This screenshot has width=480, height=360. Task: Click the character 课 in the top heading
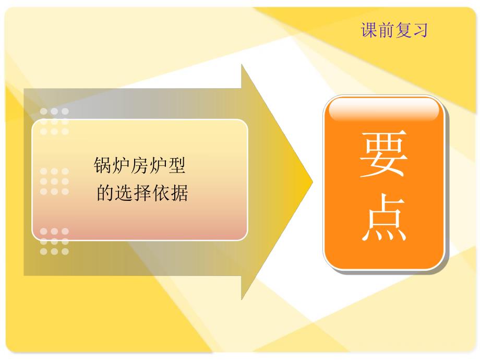369,30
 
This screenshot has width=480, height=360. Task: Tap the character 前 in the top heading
386,30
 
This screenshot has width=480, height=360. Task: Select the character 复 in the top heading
403,30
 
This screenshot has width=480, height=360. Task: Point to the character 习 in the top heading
419,30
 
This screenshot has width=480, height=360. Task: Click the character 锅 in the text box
102,167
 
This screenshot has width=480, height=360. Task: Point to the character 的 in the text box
105,194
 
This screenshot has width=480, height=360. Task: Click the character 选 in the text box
123,194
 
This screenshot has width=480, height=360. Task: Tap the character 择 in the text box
142,194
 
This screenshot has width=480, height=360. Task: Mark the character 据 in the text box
179,194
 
